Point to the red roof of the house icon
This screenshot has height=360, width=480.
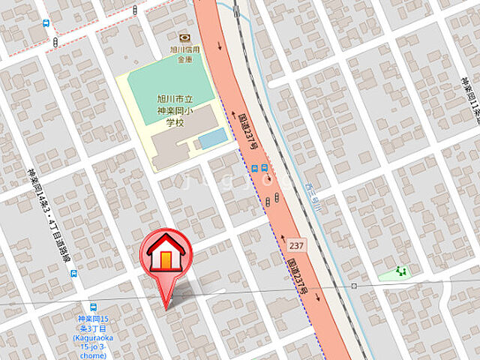point(164,244)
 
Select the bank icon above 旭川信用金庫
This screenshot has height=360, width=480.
point(184,38)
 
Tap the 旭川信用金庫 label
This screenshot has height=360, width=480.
point(184,55)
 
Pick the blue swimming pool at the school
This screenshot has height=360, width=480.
point(212,138)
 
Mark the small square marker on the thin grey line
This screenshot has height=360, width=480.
point(354,286)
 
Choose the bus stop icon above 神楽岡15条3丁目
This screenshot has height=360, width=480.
point(93,307)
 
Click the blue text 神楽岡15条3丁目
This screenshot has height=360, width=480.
point(93,323)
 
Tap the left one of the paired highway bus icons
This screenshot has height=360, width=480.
point(255,168)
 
